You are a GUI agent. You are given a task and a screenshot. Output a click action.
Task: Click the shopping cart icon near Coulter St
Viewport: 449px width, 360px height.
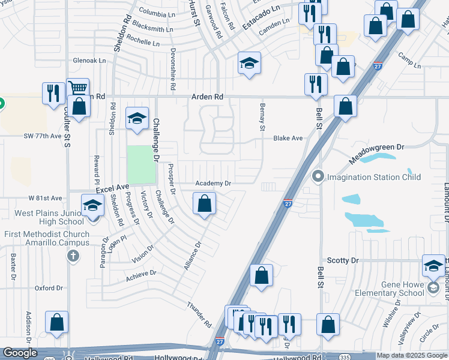pyautogui.click(x=77, y=88)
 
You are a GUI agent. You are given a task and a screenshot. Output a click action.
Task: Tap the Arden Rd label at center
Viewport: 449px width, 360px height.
pyautogui.click(x=207, y=97)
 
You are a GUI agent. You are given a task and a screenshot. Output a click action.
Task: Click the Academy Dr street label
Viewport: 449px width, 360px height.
pyautogui.click(x=212, y=183)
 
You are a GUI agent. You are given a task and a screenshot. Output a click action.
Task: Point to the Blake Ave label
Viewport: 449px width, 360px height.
pyautogui.click(x=288, y=138)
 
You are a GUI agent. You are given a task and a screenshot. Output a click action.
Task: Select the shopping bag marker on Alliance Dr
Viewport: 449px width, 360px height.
pyautogui.click(x=205, y=203)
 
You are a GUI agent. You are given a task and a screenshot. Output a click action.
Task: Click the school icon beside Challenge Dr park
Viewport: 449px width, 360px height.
pyautogui.click(x=137, y=118)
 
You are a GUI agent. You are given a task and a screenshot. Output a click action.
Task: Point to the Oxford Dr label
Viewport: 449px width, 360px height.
pyautogui.click(x=49, y=288)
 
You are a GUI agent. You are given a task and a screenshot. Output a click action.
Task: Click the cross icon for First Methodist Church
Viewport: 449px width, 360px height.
pyautogui.click(x=73, y=257)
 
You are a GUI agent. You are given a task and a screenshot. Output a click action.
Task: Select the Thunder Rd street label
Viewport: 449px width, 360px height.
pyautogui.click(x=199, y=314)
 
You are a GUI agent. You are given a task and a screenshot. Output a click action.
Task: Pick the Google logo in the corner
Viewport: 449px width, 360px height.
pyautogui.click(x=20, y=353)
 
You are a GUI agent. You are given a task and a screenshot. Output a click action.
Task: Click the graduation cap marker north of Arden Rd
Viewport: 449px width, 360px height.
pyautogui.click(x=249, y=62)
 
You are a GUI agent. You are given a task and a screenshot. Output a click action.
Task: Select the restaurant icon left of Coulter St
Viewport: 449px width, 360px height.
pyautogui.click(x=53, y=93)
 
